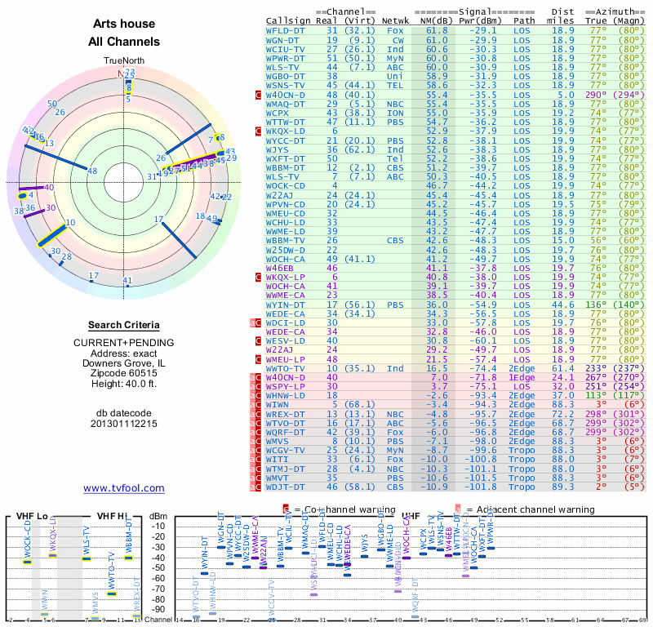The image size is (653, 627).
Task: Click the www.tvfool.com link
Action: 123,488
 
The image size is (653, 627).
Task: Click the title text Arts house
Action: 124,24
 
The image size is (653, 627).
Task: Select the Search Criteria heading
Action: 124,325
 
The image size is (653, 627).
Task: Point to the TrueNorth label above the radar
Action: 124,61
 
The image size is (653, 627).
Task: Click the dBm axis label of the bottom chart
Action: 158,515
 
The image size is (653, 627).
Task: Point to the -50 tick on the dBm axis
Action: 158,567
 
